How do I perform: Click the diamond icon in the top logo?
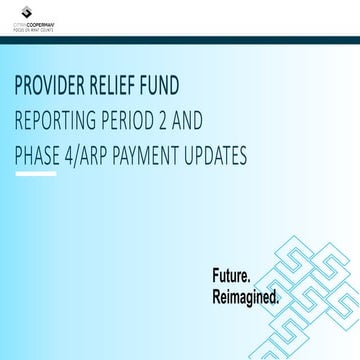tap(18, 16)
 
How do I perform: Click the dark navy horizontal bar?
tap(180, 39)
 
